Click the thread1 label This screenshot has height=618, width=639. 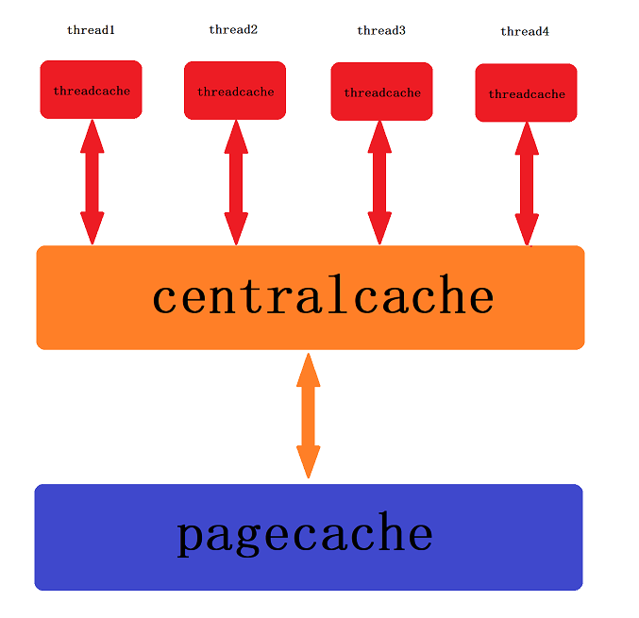[91, 30]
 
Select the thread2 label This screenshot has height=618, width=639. [233, 30]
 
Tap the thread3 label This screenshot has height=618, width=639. [381, 31]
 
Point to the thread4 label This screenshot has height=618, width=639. [525, 32]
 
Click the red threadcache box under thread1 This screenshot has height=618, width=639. [91, 91]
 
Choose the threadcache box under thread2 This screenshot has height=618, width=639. [235, 92]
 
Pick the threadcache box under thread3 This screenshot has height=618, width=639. [381, 92]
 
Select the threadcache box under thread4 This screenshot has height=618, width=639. [526, 93]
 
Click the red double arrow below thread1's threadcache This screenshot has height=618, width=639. [92, 182]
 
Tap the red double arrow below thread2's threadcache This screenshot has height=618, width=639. [236, 182]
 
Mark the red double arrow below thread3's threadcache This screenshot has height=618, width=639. [379, 182]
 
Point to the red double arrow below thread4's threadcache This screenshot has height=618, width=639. [527, 183]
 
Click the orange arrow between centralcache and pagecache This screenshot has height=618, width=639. [308, 415]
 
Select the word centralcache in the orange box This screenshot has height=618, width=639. [323, 296]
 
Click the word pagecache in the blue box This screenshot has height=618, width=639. [305, 534]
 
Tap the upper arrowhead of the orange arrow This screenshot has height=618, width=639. [308, 370]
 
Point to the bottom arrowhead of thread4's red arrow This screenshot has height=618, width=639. [527, 230]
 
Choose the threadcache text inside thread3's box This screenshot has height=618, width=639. [381, 93]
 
